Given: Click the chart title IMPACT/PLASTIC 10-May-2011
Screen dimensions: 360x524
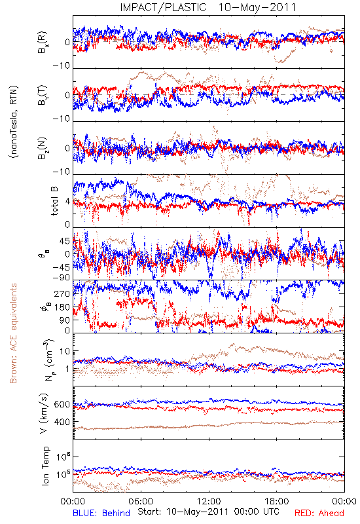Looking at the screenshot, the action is [x=208, y=7].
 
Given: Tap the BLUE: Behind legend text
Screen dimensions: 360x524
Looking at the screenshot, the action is [x=101, y=514].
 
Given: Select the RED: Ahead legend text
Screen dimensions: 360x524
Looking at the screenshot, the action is [x=319, y=514].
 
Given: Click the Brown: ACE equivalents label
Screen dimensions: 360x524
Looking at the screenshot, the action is [x=13, y=333].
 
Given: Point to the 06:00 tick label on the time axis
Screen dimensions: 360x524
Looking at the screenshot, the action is [x=141, y=502].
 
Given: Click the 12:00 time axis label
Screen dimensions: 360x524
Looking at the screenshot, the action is [x=209, y=502].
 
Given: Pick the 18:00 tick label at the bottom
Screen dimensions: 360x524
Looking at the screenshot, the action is [x=277, y=502].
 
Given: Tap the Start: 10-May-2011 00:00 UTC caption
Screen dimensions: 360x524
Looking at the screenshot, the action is [x=208, y=512].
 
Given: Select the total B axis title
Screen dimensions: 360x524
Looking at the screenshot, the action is [x=54, y=201].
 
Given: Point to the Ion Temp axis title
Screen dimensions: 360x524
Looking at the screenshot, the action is [x=45, y=466].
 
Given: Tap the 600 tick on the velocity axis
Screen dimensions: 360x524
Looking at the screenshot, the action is [x=62, y=405].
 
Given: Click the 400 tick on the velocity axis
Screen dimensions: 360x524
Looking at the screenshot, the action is [x=62, y=422].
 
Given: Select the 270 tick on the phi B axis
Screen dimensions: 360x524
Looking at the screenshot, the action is [x=62, y=294].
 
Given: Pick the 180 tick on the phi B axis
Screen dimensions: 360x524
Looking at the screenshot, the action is [x=62, y=307].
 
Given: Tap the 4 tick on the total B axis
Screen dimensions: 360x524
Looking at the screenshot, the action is [x=67, y=202].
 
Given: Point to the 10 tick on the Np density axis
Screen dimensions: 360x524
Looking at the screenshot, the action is [x=65, y=352].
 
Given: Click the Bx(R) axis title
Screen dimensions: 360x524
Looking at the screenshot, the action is [x=42, y=43].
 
